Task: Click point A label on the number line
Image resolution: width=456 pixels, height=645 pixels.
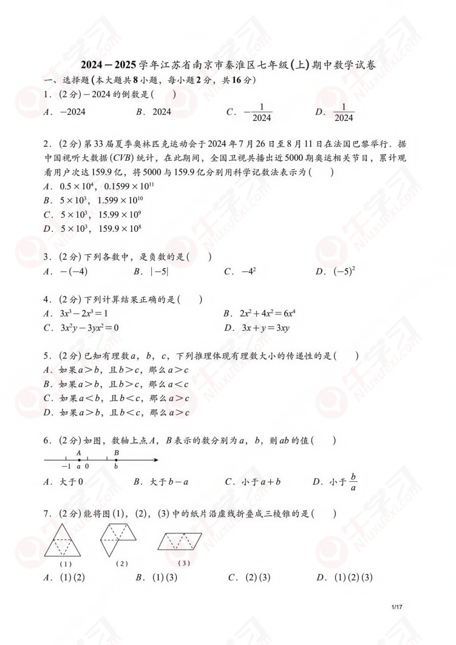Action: coord(79,453)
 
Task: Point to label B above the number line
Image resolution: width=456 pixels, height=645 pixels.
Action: coord(116,453)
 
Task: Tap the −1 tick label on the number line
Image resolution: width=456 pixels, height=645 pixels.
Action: coord(66,467)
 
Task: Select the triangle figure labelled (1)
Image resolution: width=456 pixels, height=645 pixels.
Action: coord(66,542)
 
